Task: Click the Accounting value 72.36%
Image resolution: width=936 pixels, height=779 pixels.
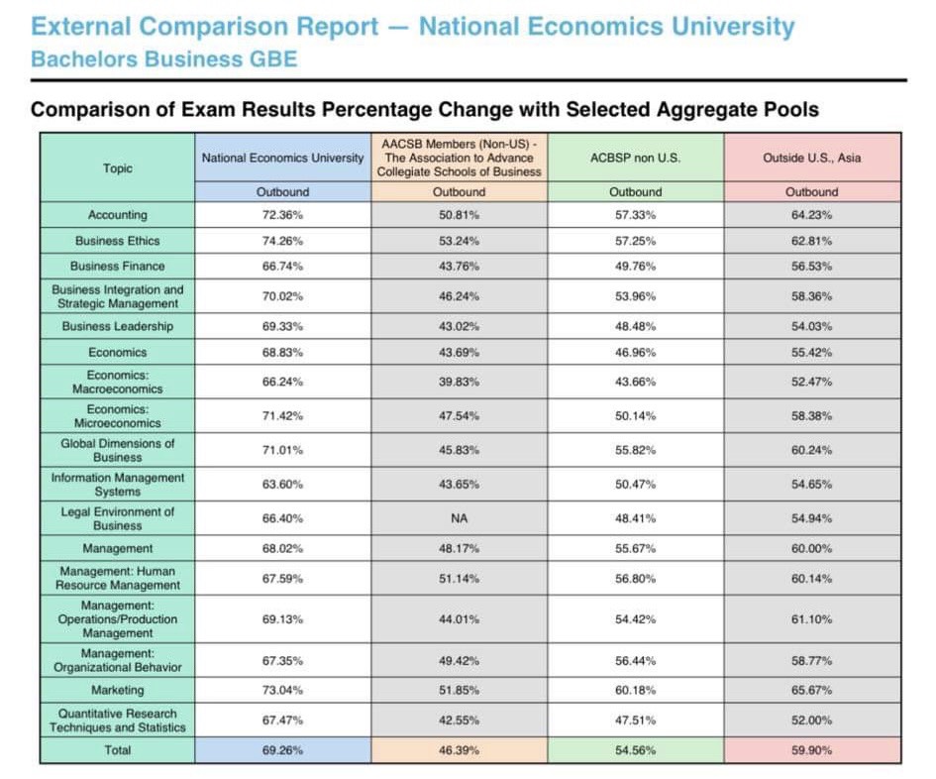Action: point(282,215)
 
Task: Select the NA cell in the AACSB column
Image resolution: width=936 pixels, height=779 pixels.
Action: point(459,518)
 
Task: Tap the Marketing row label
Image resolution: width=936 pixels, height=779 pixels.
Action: point(118,690)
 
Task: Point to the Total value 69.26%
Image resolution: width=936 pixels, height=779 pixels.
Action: point(282,750)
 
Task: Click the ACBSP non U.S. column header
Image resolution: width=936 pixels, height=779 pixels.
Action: point(635,158)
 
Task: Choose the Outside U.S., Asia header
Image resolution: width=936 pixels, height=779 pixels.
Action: point(812,158)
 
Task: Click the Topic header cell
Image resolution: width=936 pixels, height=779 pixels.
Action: point(118,167)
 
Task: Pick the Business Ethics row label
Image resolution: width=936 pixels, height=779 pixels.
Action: point(118,241)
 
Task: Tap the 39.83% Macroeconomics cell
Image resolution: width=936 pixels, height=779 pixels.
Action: point(459,382)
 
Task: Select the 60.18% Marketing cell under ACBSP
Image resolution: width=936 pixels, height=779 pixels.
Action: point(635,690)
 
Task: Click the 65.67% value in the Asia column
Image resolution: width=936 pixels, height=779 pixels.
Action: point(812,690)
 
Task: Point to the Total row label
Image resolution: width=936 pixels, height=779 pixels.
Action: point(118,750)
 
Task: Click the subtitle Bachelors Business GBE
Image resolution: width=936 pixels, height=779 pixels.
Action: point(164,59)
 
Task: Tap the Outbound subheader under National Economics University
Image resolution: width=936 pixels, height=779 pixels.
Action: point(282,191)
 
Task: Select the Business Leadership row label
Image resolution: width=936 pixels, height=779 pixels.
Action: point(118,326)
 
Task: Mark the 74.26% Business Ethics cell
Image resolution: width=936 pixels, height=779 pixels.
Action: point(282,241)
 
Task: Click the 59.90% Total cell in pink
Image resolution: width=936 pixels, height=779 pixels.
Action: point(812,750)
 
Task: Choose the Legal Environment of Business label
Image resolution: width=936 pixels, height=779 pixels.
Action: point(118,518)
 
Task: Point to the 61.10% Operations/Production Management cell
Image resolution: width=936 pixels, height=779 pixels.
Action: point(812,619)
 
